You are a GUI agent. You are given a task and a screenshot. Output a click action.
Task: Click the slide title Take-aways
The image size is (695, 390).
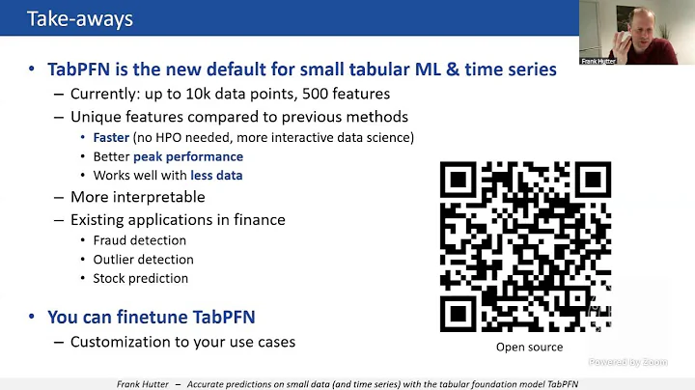(x=80, y=18)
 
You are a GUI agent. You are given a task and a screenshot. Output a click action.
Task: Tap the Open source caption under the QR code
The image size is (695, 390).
(x=529, y=348)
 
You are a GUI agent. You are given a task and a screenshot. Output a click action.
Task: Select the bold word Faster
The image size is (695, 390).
(x=111, y=137)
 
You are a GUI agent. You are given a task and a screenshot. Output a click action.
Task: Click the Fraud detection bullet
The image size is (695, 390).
(x=140, y=240)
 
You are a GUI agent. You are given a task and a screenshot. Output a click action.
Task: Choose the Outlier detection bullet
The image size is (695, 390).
(x=143, y=260)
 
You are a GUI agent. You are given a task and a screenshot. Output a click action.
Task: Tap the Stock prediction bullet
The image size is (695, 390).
(x=141, y=279)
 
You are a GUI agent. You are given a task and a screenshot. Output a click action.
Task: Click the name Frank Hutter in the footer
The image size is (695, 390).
(x=137, y=383)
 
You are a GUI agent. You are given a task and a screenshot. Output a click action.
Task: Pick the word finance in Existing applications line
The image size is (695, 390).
(x=260, y=220)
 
